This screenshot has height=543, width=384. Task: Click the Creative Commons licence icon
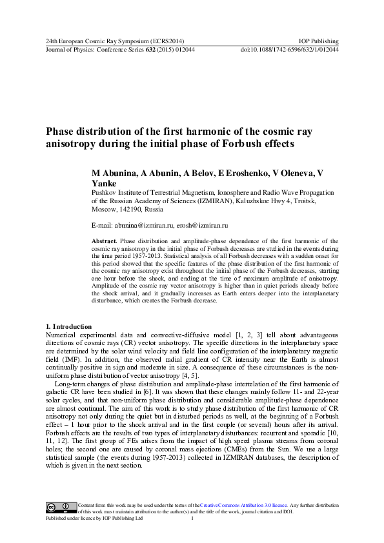[59, 506]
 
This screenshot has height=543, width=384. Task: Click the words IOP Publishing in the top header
[320, 41]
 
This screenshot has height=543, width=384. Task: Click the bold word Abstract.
[105, 239]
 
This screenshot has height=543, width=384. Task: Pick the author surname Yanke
[107, 183]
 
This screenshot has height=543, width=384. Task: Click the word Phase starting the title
[63, 131]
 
